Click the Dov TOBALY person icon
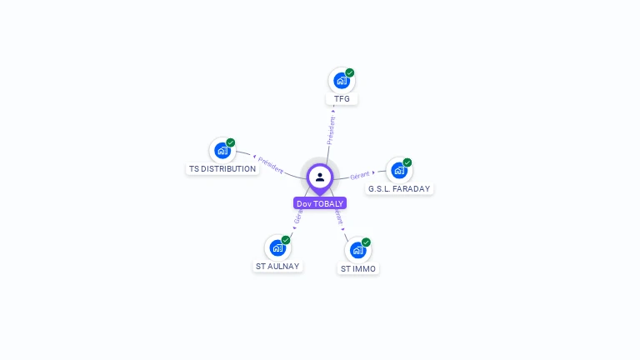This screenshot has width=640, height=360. point(320,177)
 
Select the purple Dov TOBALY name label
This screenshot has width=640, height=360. point(320,203)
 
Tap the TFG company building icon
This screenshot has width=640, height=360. point(341,80)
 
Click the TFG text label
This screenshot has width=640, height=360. point(342,99)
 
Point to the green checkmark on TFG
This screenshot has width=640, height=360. point(350,72)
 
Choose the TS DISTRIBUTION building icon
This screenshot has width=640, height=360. point(222,150)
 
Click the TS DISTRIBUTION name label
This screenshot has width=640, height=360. point(222,169)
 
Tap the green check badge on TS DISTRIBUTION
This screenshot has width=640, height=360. point(231,142)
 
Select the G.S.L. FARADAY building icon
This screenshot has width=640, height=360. point(399,170)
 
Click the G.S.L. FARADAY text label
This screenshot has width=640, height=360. point(399,189)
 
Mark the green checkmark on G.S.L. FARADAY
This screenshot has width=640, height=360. point(407,162)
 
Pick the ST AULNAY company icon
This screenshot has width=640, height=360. point(277,247)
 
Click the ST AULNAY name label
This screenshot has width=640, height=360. point(277,267)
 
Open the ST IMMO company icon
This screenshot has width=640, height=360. point(357,250)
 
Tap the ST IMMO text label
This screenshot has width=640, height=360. point(358,269)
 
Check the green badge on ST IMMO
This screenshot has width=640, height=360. point(366,242)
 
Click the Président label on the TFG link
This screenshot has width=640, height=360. point(332,129)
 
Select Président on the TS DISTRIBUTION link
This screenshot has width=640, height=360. point(270,163)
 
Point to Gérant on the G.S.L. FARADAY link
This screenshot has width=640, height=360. point(360,175)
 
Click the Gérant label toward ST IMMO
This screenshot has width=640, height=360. point(338,217)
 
